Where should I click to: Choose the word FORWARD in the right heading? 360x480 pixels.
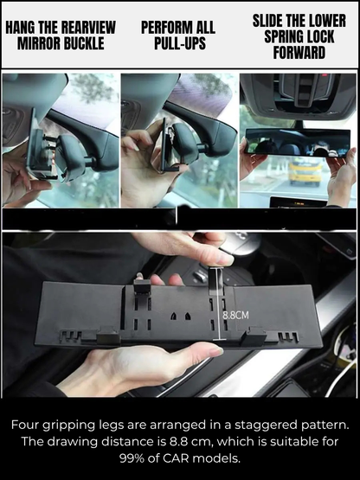coord(299,52)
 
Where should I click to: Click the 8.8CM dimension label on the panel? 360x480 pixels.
coord(235,316)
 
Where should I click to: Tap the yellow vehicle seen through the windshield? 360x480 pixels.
coord(304,170)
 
